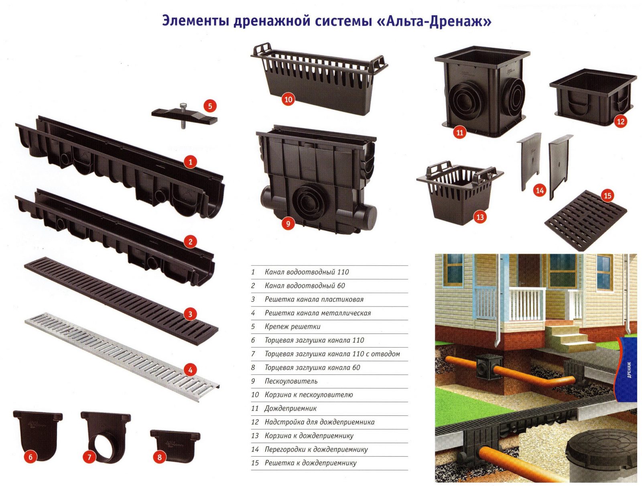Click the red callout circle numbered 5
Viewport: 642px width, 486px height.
(210, 106)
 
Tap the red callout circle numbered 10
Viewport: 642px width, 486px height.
(288, 100)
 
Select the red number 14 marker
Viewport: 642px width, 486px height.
(540, 191)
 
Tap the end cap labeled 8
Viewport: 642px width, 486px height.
(175, 445)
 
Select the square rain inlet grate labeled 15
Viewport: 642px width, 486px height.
(586, 220)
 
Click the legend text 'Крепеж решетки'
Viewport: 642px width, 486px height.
(293, 327)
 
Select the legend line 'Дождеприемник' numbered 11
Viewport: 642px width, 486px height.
(284, 408)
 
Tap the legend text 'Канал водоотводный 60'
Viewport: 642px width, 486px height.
(305, 285)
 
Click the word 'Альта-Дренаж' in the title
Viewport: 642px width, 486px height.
(433, 22)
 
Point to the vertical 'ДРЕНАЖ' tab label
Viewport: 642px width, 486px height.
(630, 370)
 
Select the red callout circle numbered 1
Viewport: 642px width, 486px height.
(191, 162)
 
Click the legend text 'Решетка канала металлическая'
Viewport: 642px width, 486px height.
(318, 313)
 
